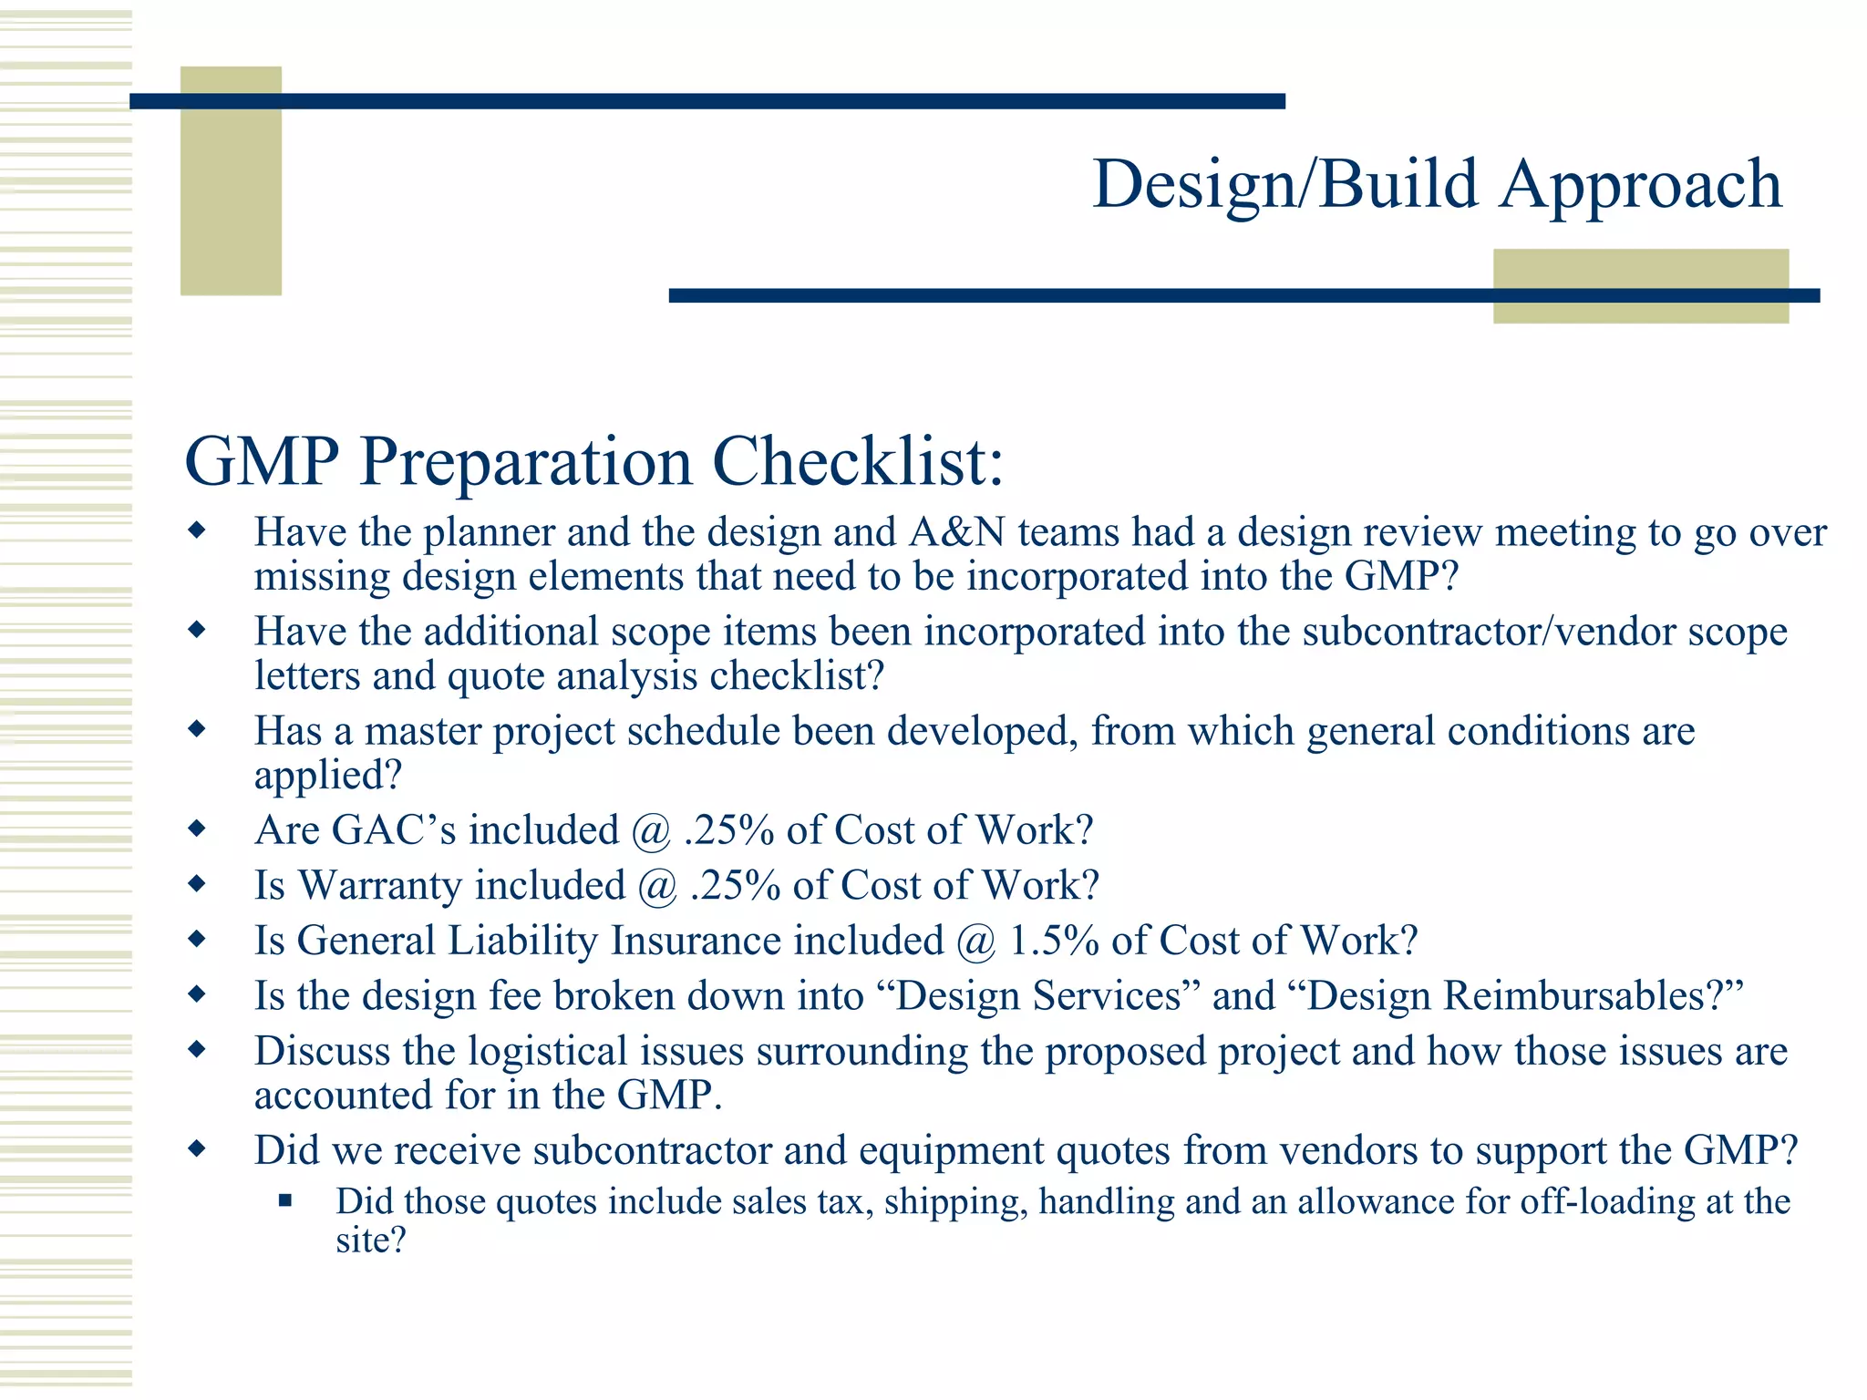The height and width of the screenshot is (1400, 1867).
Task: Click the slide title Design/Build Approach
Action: [x=1437, y=185]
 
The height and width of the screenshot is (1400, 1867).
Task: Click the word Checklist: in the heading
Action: [x=857, y=462]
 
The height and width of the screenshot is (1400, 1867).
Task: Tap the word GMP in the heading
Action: [x=262, y=462]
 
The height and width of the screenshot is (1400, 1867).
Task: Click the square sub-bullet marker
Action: [x=285, y=1201]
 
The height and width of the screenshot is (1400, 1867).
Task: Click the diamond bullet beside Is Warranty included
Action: [x=196, y=884]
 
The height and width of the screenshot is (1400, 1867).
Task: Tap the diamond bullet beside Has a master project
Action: [x=196, y=729]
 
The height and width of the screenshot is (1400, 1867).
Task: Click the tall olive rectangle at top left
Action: [x=231, y=180]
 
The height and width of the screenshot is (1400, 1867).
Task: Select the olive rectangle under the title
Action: [x=1640, y=285]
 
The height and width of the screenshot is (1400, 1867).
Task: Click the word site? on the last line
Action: [x=370, y=1241]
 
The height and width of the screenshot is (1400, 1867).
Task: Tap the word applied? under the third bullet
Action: [x=327, y=776]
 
